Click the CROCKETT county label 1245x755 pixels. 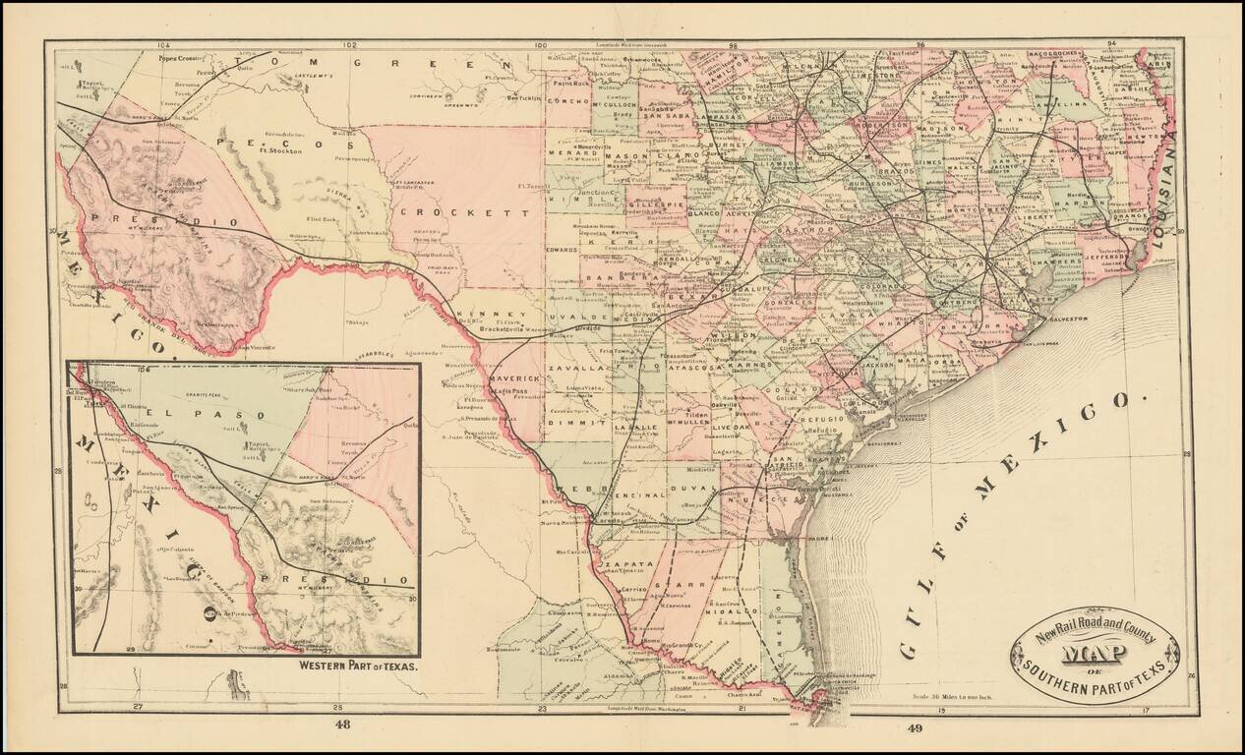tap(472, 212)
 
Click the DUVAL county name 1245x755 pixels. tap(684, 487)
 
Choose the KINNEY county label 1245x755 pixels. tap(480, 314)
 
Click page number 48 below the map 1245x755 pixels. tap(342, 726)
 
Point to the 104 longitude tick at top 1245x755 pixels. tap(162, 45)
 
